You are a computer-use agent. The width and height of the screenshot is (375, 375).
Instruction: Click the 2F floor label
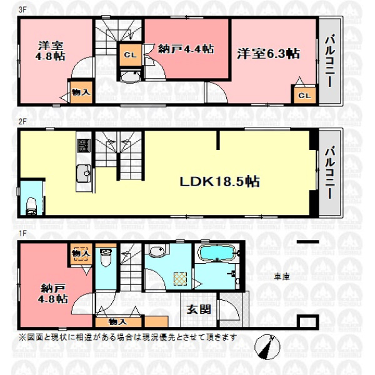tap(22, 121)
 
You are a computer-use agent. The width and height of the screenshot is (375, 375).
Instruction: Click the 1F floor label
tap(22, 233)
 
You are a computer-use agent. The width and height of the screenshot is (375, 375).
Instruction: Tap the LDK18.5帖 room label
tap(219, 181)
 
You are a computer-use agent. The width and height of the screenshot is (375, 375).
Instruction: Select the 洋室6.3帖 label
tap(268, 54)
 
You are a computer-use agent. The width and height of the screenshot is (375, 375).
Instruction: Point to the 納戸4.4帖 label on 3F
tap(186, 49)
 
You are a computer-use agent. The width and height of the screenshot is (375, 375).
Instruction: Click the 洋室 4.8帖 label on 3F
tap(51, 51)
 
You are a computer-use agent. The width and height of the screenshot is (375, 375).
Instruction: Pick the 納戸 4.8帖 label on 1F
tap(53, 294)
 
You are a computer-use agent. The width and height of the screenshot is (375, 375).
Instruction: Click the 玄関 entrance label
tap(199, 310)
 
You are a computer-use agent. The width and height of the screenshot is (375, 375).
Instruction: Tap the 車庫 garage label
tap(282, 277)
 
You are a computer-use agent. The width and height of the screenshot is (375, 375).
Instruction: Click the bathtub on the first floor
tap(217, 253)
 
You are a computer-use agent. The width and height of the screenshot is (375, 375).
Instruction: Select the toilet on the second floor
tap(31, 206)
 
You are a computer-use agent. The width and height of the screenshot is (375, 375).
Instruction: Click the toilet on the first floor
tap(106, 257)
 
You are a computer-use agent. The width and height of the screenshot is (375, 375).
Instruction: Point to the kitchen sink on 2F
tap(84, 174)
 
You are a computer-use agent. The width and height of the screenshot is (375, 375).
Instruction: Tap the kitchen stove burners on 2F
tap(84, 146)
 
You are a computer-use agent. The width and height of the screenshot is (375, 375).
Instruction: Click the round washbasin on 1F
tap(157, 251)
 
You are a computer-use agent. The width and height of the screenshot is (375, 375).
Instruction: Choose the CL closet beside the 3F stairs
tap(131, 55)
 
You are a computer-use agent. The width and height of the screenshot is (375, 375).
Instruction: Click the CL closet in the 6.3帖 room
tap(304, 96)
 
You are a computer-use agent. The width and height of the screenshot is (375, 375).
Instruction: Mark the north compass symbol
tap(267, 347)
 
